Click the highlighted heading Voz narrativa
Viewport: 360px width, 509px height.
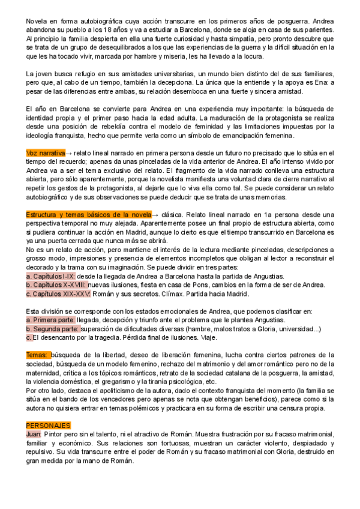tap(46, 153)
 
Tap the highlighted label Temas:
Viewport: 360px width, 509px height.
tap(38, 355)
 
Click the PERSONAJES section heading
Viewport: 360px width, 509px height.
tap(48, 424)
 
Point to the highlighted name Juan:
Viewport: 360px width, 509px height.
tap(34, 433)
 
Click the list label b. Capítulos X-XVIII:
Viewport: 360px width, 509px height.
tap(61, 285)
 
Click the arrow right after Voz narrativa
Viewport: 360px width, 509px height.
tap(69, 153)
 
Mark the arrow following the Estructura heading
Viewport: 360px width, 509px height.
tap(155, 214)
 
